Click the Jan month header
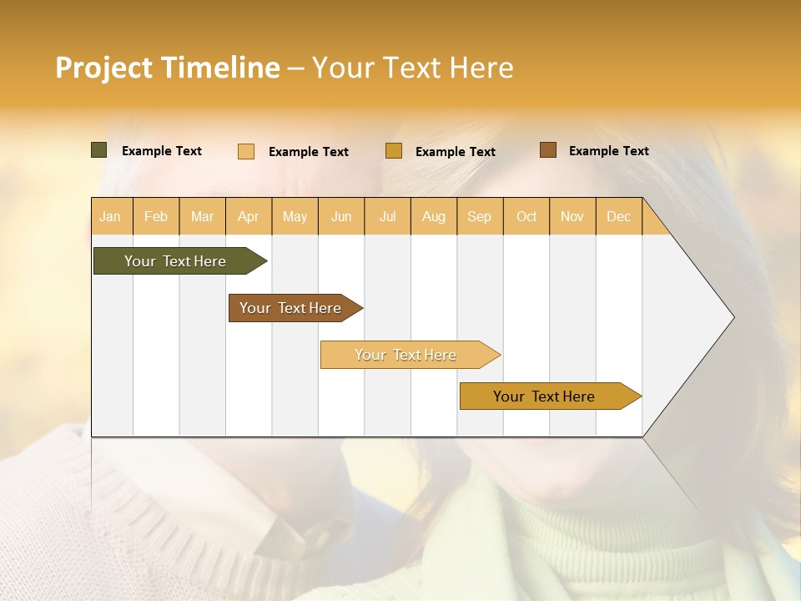(110, 216)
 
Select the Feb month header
(156, 216)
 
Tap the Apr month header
(249, 216)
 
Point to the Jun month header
(341, 216)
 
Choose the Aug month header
(434, 216)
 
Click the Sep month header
(480, 216)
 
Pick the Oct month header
(526, 216)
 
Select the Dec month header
(619, 216)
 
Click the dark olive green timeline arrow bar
(175, 261)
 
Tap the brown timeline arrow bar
(290, 308)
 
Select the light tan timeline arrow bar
(406, 355)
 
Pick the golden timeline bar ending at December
(544, 396)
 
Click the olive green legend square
(99, 150)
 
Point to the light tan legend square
(246, 151)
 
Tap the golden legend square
(394, 151)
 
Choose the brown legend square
(548, 150)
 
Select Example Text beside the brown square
(608, 150)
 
